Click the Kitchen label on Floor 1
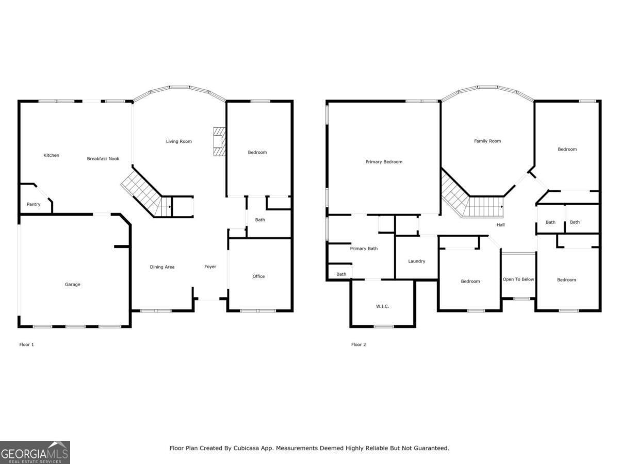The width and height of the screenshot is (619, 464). (51, 155)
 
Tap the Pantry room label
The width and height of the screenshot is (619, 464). (34, 205)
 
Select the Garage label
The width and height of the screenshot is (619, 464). (72, 285)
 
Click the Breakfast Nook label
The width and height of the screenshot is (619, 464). (103, 159)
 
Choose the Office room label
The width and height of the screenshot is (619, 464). (258, 276)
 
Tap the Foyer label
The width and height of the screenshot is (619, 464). (210, 267)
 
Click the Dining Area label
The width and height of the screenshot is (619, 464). (162, 267)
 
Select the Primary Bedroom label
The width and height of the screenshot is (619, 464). (384, 162)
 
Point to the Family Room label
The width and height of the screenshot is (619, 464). (487, 141)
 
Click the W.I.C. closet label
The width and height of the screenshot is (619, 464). (382, 307)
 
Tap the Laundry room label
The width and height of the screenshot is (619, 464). (416, 261)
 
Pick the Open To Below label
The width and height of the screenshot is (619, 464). (518, 279)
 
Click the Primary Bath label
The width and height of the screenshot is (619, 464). (364, 248)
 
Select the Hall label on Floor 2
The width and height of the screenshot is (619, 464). (500, 225)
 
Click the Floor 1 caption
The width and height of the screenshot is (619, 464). (26, 344)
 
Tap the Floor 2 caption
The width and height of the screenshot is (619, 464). (359, 344)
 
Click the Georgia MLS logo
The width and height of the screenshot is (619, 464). (35, 453)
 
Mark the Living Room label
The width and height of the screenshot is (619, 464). (178, 141)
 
